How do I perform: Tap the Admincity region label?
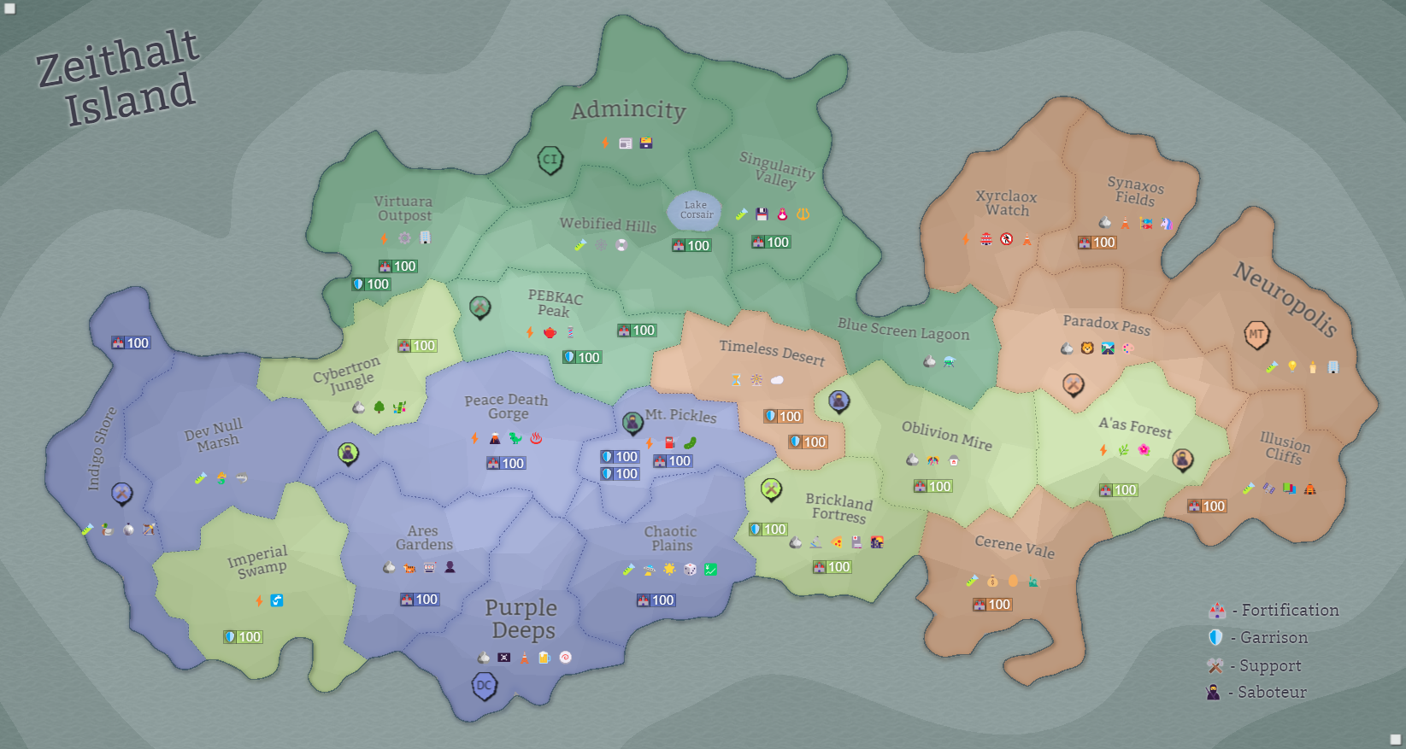click(628, 110)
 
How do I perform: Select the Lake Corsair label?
click(696, 210)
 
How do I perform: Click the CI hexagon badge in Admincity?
click(550, 159)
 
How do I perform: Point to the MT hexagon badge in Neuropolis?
click(1256, 335)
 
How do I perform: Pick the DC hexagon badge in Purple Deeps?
click(485, 685)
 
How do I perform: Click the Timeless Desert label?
click(772, 352)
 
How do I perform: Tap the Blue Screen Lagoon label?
click(903, 330)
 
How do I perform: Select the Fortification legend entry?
click(1274, 610)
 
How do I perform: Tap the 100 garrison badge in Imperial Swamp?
click(243, 637)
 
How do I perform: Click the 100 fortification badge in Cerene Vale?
click(992, 605)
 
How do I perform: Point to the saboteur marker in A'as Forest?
click(1182, 459)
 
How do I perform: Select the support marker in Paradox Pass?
click(1073, 384)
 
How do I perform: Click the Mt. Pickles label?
click(680, 415)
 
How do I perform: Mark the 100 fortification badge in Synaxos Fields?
click(1097, 243)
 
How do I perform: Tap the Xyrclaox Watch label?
click(1007, 203)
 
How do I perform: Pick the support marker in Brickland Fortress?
click(771, 489)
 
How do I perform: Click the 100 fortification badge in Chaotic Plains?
click(656, 600)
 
